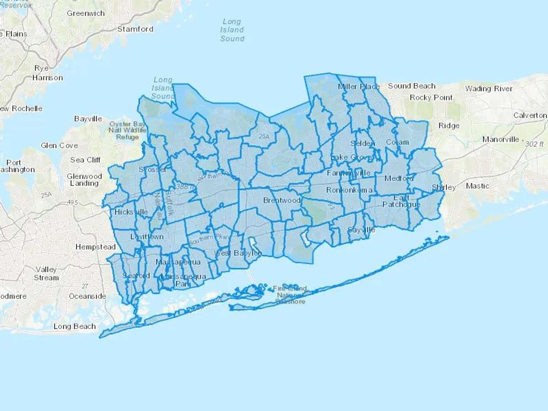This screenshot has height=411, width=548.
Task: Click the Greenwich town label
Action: tap(86, 13)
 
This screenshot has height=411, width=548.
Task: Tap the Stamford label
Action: tap(135, 29)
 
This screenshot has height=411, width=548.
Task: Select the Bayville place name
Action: tap(88, 119)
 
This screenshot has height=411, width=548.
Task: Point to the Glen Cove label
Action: tap(59, 146)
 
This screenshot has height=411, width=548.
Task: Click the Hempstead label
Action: tap(96, 247)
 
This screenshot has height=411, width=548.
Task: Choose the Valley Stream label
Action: tap(46, 273)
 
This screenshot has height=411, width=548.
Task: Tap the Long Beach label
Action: tap(75, 326)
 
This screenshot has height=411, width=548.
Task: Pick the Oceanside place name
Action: tap(87, 296)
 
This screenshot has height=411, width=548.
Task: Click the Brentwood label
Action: tap(282, 200)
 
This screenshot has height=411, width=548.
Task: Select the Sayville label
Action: tap(361, 230)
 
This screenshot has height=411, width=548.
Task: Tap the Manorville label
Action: tap(501, 139)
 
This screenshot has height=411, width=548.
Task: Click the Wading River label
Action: tap(489, 89)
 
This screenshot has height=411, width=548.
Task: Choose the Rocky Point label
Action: tap(431, 98)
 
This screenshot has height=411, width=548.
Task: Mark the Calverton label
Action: tap(530, 115)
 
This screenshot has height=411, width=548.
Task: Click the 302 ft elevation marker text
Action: tap(534, 144)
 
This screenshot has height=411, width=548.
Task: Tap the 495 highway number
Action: tap(72, 202)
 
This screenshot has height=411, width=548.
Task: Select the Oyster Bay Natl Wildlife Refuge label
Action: tap(128, 130)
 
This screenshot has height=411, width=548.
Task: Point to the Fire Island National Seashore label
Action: tap(290, 295)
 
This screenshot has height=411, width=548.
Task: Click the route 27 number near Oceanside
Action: tap(85, 286)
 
